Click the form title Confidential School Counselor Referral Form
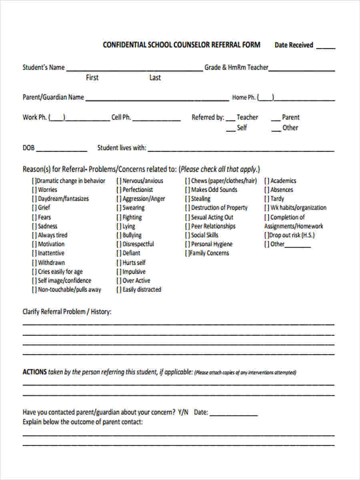tap(181, 45)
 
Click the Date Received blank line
tap(326, 47)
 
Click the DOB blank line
tap(62, 150)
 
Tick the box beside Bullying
tap(119, 235)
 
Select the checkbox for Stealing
tap(188, 199)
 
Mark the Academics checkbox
tap(267, 181)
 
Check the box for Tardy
tap(267, 199)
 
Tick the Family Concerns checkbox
tap(187, 253)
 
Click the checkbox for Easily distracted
tap(119, 290)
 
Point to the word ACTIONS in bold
tap(34, 372)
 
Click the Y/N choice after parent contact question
tap(183, 412)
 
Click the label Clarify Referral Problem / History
tap(67, 312)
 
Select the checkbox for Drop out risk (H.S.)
tap(266, 235)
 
